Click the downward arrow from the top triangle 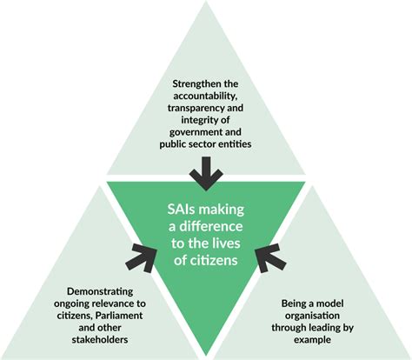[206, 174]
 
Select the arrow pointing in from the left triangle [143, 257]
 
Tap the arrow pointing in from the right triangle [269, 257]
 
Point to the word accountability [206, 96]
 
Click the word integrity [189, 120]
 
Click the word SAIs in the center [180, 210]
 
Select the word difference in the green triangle [211, 226]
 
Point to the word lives [229, 243]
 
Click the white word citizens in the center [214, 260]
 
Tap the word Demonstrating [100, 291]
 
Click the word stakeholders [100, 339]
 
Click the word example [312, 340]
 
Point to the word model [329, 303]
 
